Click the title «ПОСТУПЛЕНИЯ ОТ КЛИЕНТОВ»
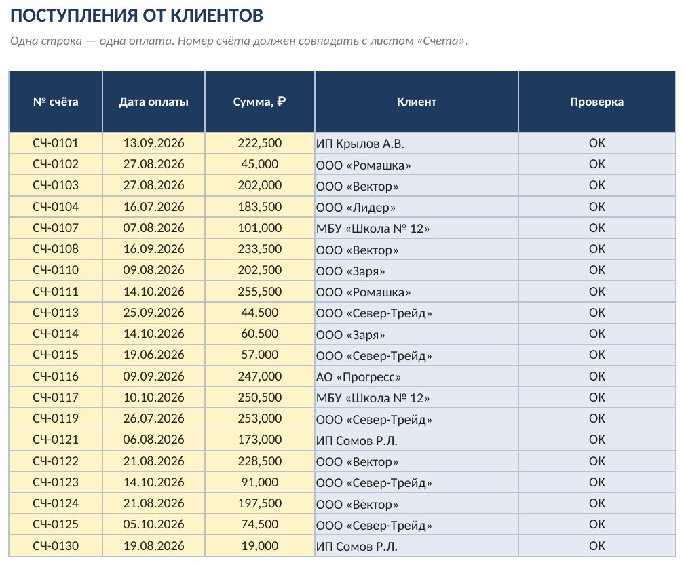[x=136, y=16]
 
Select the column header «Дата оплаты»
[x=153, y=102]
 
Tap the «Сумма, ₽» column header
[x=259, y=102]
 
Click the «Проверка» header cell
[x=596, y=102]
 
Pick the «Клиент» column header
[x=417, y=102]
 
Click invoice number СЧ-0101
[x=56, y=143]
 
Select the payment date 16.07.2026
[x=153, y=207]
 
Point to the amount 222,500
[x=259, y=143]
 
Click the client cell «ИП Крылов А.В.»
[x=360, y=143]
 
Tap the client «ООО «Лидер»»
[x=356, y=208]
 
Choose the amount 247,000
[x=259, y=376]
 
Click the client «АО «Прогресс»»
[x=358, y=376]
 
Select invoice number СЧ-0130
[x=56, y=546]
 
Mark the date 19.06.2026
[x=153, y=355]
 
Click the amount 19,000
[x=259, y=546]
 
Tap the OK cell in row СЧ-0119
[x=596, y=418]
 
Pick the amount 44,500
[x=259, y=313]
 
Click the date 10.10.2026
[x=153, y=397]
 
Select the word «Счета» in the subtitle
[x=440, y=41]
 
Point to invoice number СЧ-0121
[x=56, y=440]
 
